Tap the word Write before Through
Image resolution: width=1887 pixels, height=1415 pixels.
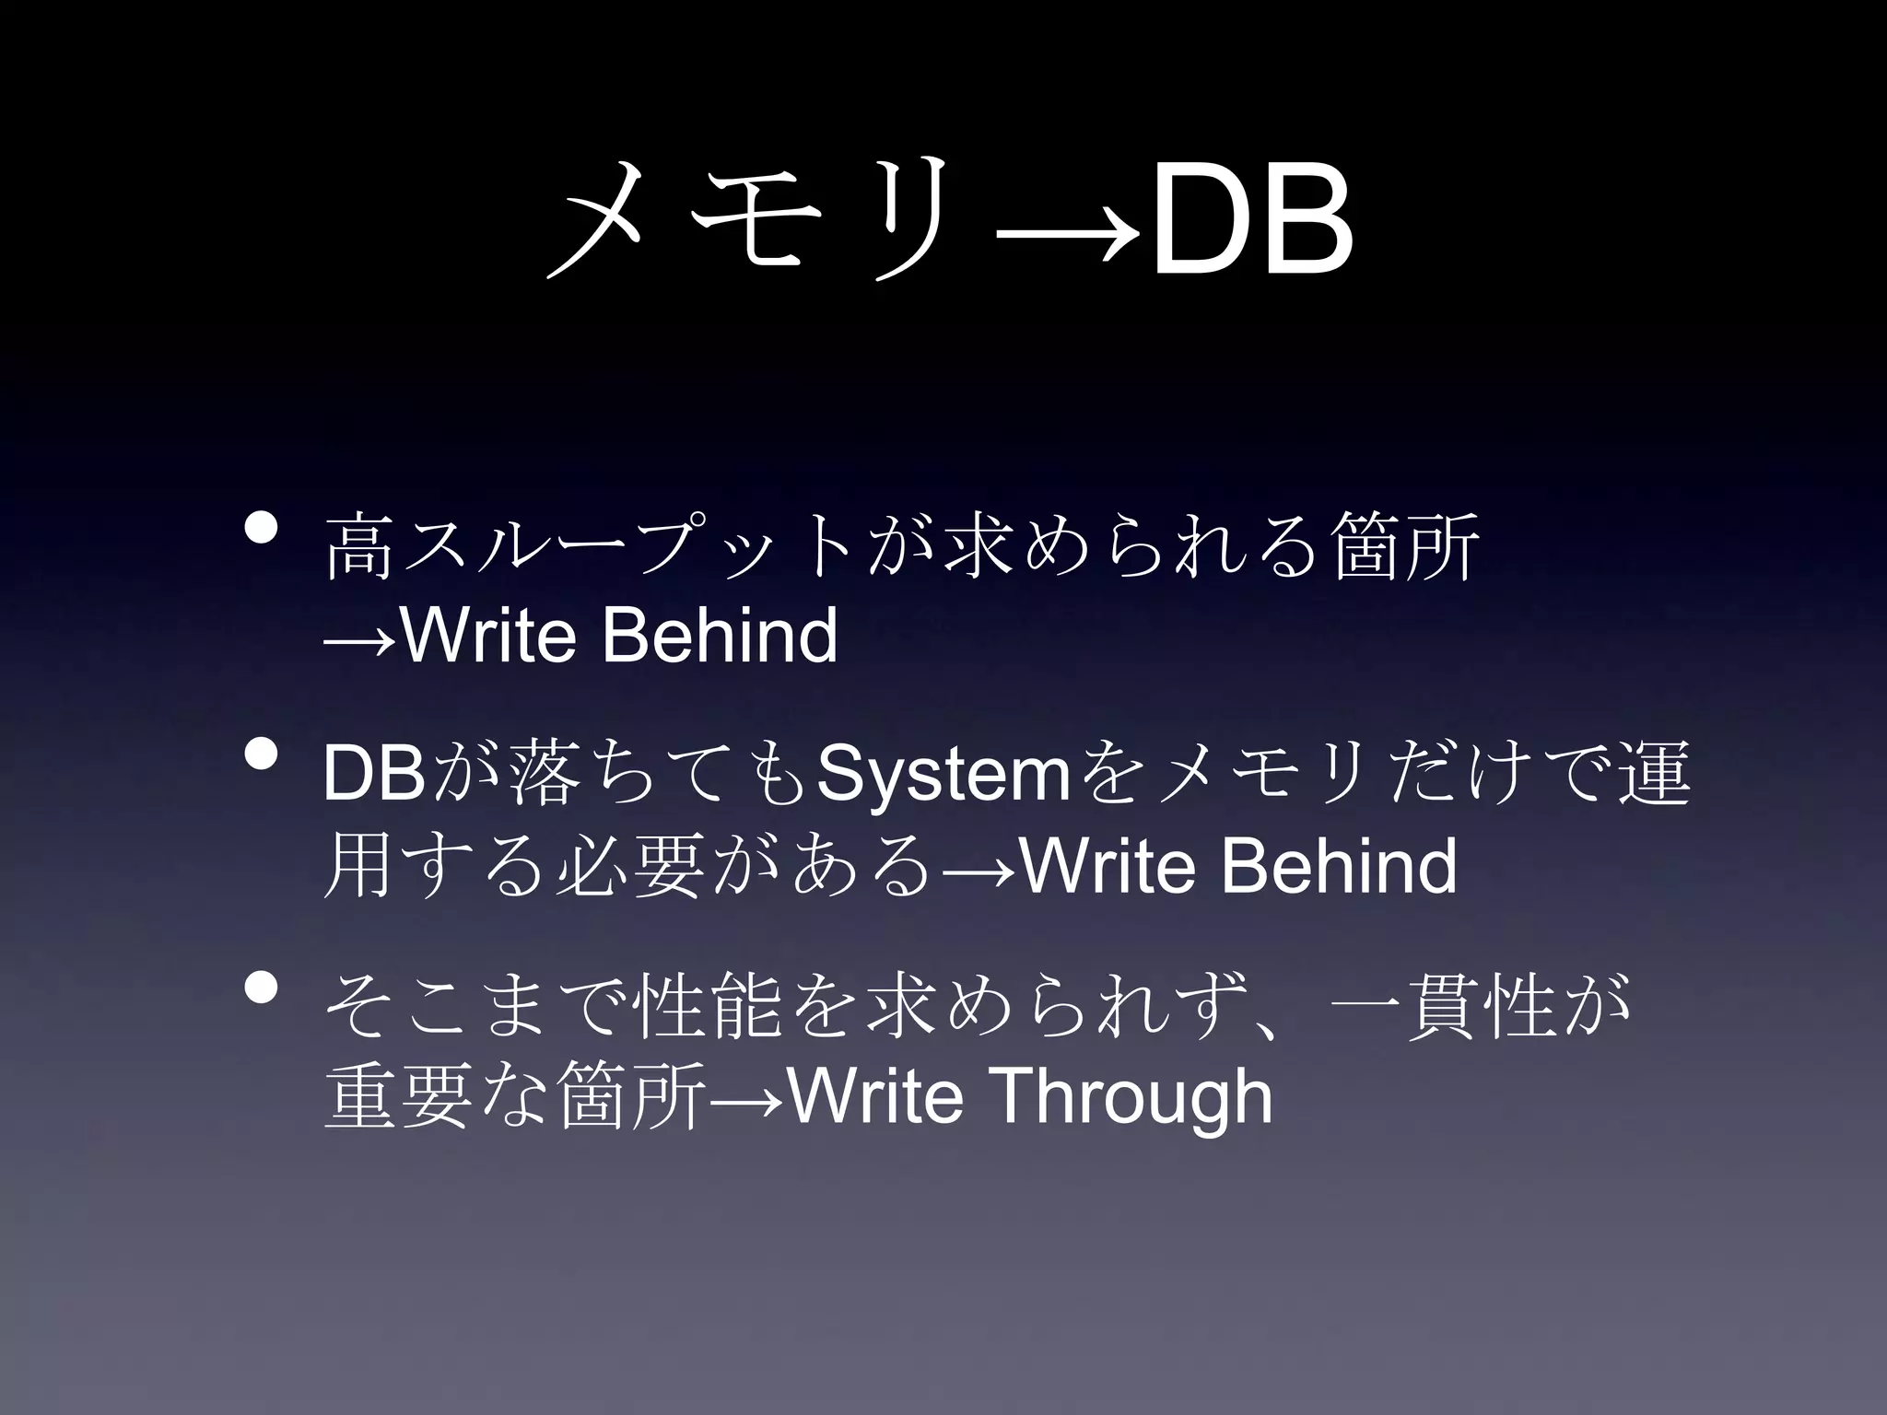[876, 1097]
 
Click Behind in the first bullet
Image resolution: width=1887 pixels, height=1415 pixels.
[720, 635]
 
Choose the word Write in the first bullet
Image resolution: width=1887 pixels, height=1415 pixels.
[488, 635]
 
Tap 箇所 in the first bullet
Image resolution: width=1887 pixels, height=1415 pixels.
[1406, 547]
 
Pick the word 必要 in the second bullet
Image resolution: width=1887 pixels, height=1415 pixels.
[630, 867]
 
